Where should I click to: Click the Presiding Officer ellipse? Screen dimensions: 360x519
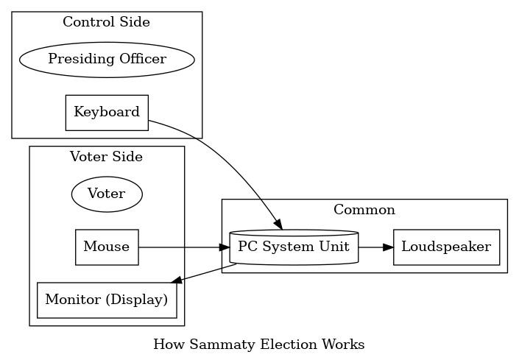click(107, 60)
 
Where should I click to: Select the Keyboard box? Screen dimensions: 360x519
click(107, 113)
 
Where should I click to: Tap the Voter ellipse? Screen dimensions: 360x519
click(106, 194)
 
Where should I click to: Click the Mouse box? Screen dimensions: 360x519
click(107, 247)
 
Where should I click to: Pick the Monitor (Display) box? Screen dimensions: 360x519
click(107, 300)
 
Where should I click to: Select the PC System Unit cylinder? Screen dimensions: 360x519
click(294, 247)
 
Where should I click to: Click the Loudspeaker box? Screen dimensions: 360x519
click(447, 247)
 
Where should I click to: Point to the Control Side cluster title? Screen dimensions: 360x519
click(106, 22)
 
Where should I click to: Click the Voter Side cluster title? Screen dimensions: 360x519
click(106, 156)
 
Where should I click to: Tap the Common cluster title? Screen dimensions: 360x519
click(364, 210)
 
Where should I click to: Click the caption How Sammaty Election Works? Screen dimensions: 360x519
click(258, 345)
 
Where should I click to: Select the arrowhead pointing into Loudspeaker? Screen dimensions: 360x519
click(389, 247)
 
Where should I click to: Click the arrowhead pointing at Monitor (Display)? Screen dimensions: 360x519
click(176, 280)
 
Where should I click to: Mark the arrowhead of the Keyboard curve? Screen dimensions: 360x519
click(278, 225)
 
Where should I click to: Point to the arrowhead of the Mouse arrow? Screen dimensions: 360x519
click(225, 247)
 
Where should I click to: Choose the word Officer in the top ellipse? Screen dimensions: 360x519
click(144, 60)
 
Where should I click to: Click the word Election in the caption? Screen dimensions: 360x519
click(273, 345)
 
